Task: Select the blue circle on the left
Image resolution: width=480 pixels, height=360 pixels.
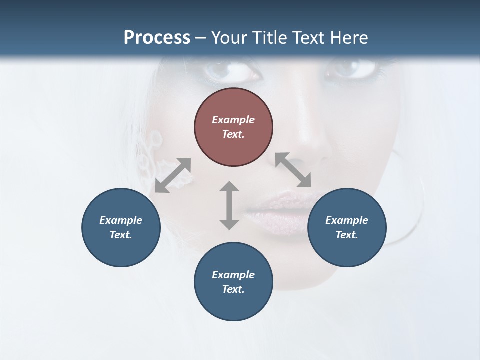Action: coord(121,227)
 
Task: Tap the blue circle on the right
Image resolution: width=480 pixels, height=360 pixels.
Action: coord(347,227)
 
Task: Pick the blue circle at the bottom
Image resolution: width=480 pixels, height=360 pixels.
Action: coord(233,281)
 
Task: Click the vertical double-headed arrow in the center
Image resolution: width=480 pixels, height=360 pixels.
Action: coord(229,205)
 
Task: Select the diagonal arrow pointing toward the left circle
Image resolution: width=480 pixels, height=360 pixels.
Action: coord(173,175)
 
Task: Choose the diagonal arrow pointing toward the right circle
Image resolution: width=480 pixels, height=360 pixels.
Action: coord(293,170)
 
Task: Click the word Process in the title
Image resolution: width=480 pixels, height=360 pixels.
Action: coord(157,38)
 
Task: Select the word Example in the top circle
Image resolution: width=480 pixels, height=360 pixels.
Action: coord(233,120)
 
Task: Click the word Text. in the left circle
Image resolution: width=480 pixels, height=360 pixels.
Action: coord(121,235)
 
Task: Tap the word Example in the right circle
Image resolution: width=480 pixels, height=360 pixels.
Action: coord(347,220)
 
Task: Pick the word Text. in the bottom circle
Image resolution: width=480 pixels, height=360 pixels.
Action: coord(233,289)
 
